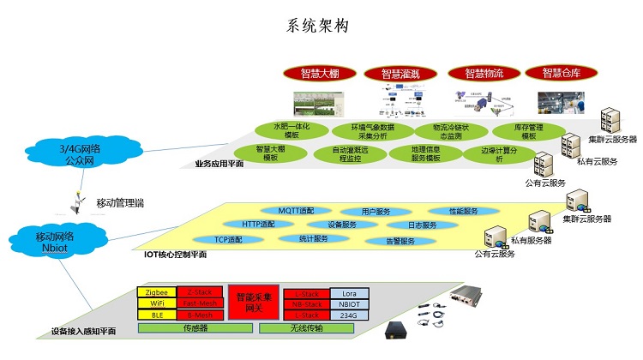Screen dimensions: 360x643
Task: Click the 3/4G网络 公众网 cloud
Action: point(79,153)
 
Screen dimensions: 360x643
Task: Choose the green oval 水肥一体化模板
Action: point(291,130)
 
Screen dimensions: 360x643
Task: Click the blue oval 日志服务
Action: point(422,225)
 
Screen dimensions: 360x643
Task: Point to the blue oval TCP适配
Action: point(228,240)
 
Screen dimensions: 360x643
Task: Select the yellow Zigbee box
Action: point(156,293)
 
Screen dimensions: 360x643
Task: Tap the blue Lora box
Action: point(348,293)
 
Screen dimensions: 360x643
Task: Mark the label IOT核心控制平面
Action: point(175,255)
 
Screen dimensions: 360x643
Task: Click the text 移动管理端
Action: point(120,202)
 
